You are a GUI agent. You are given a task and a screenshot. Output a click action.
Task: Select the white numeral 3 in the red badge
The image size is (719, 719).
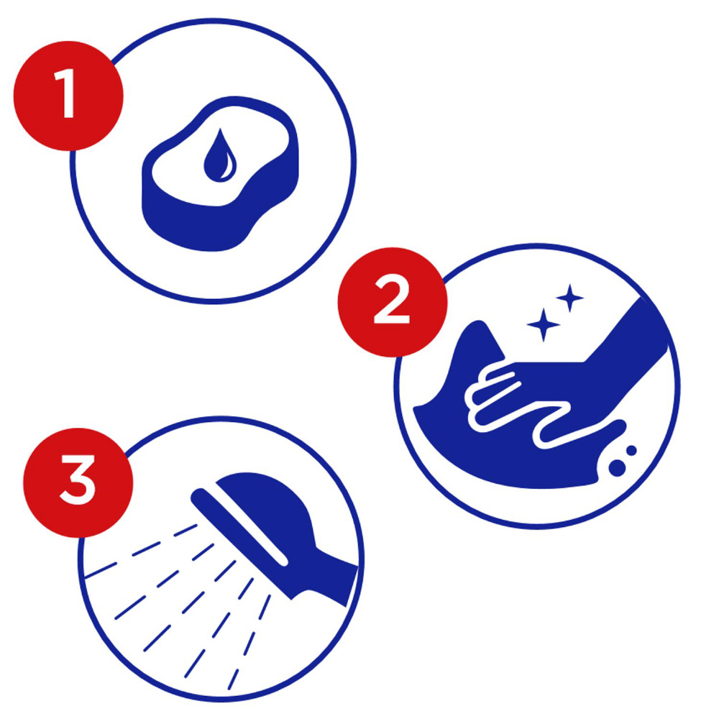pos(78,480)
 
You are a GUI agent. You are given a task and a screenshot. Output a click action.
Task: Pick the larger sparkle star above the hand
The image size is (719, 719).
pos(544,325)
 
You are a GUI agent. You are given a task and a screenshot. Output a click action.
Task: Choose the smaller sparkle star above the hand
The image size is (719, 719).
pos(569,298)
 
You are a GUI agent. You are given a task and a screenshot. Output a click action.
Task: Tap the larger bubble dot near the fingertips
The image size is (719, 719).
pos(617,467)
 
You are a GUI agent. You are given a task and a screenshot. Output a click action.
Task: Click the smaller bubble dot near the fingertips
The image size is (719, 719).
pos(631,450)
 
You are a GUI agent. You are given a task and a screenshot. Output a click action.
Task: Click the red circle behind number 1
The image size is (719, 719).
pos(69,96)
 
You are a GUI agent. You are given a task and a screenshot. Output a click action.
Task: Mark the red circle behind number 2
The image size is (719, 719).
pos(393,302)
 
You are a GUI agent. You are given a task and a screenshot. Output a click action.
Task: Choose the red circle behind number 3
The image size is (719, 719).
pos(78,482)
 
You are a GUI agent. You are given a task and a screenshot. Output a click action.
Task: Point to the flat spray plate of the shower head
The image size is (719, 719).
pos(239,527)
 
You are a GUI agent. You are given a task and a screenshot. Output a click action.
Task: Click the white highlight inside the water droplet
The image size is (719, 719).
pos(227,166)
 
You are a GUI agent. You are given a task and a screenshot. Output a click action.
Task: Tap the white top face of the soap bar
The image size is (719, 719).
pos(220,156)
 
